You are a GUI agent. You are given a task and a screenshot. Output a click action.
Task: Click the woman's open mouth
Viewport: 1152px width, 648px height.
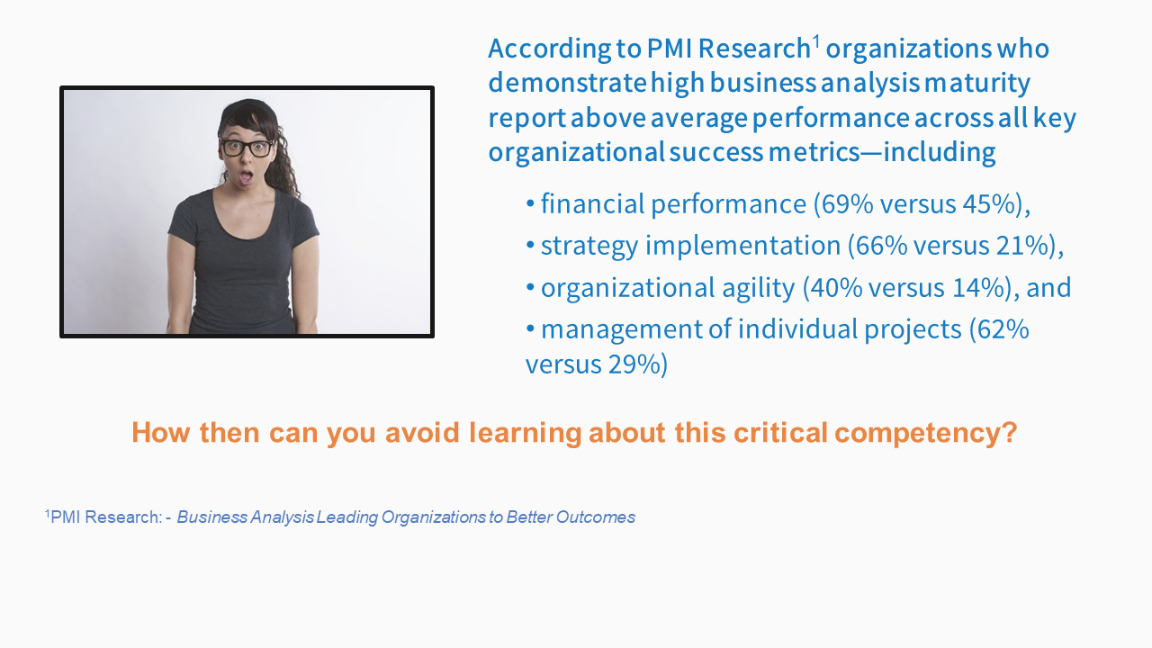coord(247,177)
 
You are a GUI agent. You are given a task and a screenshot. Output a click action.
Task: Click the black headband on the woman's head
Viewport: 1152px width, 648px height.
coord(247,109)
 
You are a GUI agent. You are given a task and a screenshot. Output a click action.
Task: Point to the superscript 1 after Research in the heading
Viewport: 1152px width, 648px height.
coord(815,41)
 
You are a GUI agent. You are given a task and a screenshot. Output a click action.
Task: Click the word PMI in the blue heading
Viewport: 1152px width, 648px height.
coord(669,49)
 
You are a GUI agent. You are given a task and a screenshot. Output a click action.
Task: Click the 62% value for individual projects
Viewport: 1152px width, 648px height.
coord(1003,329)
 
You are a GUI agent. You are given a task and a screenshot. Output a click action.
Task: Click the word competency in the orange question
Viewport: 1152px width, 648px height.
coord(926,433)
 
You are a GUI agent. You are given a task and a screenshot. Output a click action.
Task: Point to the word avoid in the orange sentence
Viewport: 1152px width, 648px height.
coord(422,432)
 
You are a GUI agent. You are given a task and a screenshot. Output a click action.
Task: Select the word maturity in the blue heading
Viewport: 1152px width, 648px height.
coord(977,84)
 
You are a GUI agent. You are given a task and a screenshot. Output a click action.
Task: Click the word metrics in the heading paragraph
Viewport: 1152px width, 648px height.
coord(814,152)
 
